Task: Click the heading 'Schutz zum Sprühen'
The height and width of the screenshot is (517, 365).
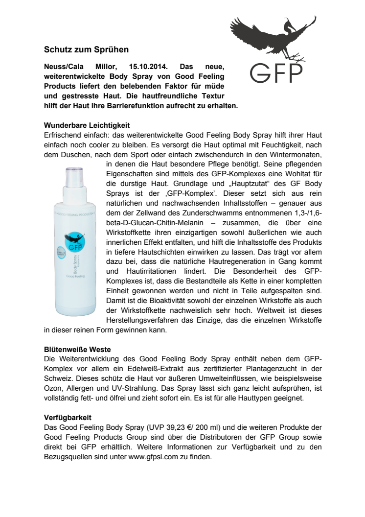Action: [86, 49]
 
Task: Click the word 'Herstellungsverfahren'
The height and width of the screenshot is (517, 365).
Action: [140, 321]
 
